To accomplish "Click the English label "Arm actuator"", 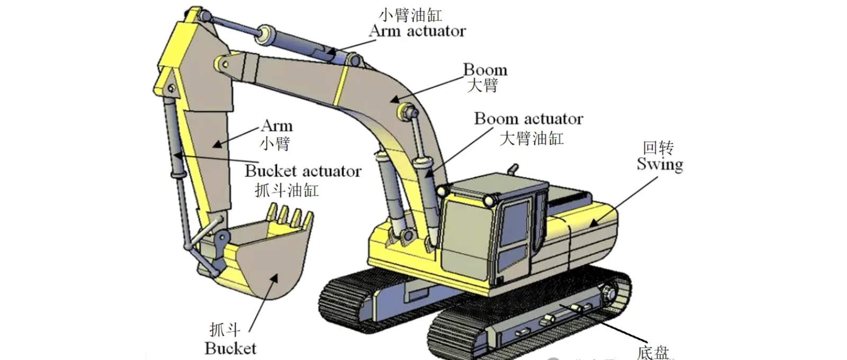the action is (417, 31).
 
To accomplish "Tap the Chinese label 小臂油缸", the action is (410, 15).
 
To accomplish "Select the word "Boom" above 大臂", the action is (485, 70).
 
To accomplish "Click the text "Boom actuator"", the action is (529, 119).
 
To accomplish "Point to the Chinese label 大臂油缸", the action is (531, 138).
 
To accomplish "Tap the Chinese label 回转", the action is (659, 148).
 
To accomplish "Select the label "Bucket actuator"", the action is (303, 171).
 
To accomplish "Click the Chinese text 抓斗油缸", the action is (286, 190).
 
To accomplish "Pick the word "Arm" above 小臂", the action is (277, 126).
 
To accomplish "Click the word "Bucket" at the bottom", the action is (230, 348).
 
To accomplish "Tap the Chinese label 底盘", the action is (653, 353).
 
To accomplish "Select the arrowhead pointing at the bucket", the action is (273, 280).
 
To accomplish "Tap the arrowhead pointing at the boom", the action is (395, 100).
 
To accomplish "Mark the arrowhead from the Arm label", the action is (217, 144).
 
